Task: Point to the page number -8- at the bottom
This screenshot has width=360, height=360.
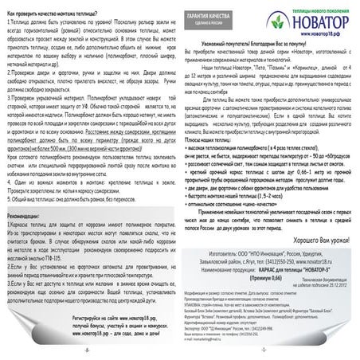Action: tap(89, 350)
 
